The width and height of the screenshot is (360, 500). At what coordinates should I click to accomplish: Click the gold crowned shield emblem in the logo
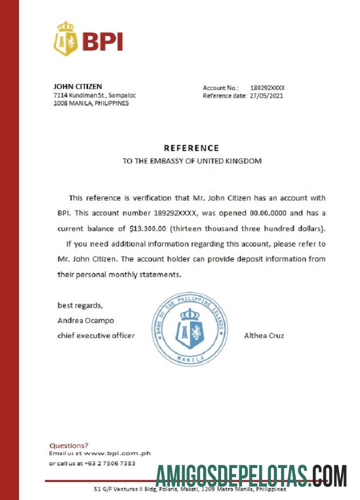[x=65, y=39]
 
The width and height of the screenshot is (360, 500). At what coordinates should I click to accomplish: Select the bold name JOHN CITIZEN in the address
[x=77, y=86]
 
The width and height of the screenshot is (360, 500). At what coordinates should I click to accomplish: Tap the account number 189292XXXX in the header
[x=267, y=87]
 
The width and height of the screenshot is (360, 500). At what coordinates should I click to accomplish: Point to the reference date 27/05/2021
[x=266, y=96]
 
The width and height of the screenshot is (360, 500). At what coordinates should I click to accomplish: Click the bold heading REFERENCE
[x=191, y=148]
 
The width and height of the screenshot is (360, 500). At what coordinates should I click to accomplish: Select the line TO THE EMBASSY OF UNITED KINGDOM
[x=192, y=161]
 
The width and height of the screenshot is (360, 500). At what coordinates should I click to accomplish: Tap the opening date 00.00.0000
[x=267, y=212]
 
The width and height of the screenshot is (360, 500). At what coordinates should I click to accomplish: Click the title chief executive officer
[x=96, y=335]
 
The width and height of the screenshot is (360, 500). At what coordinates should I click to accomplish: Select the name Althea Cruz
[x=264, y=335]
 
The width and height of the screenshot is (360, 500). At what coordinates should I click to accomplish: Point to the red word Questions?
[x=69, y=445]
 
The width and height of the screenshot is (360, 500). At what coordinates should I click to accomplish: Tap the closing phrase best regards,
[x=80, y=305]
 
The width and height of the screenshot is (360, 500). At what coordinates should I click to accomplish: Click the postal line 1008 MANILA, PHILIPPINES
[x=91, y=103]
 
